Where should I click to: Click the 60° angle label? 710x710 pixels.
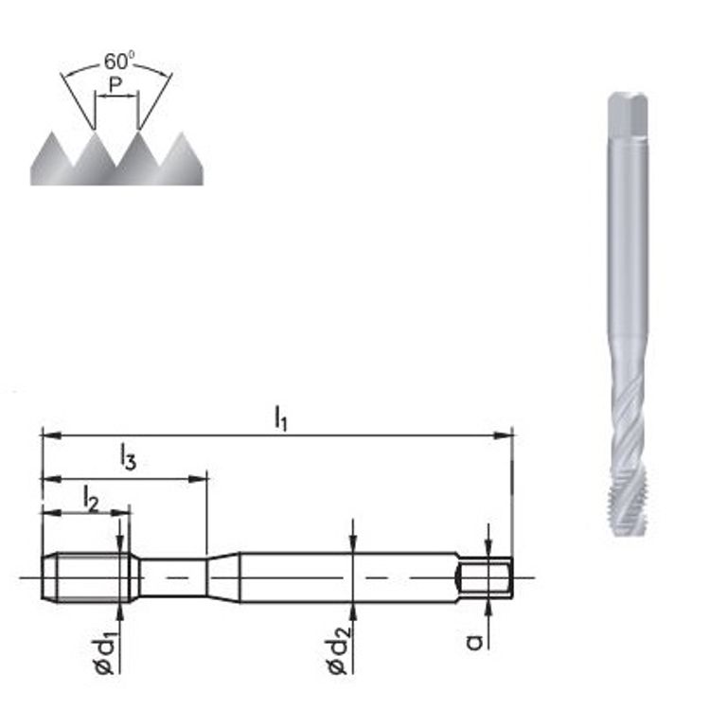(x=119, y=62)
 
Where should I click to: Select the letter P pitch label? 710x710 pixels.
(x=115, y=84)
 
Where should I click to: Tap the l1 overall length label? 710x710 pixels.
(x=281, y=418)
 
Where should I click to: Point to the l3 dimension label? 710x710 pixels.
(x=128, y=457)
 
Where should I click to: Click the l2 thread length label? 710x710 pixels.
(x=91, y=498)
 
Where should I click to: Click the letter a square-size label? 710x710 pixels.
(x=474, y=642)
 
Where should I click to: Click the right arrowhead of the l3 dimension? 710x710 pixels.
(x=198, y=479)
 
